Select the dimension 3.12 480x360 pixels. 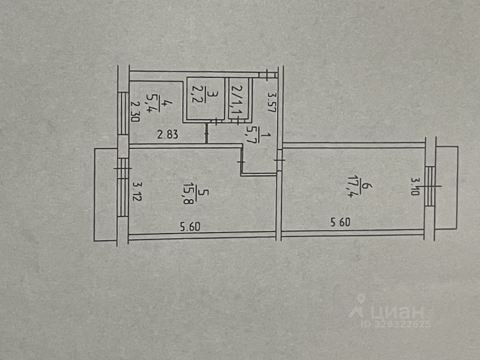(x=136, y=191)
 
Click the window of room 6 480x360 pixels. (x=430, y=186)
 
